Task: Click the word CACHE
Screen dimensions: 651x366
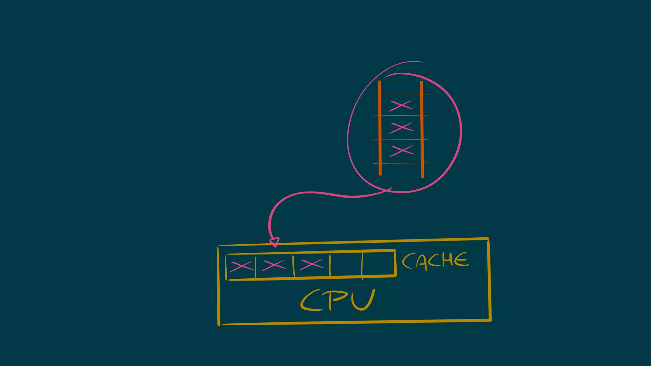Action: (435, 261)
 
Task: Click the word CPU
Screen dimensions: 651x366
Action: (338, 300)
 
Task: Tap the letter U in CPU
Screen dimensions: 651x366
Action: (363, 300)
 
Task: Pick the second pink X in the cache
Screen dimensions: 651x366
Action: (273, 265)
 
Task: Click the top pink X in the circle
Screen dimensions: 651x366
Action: (401, 105)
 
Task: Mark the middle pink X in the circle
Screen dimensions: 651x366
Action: (401, 127)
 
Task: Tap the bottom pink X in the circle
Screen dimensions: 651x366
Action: (402, 151)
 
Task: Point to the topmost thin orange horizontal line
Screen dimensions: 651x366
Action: (401, 95)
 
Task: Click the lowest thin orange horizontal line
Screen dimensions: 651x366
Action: (401, 163)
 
